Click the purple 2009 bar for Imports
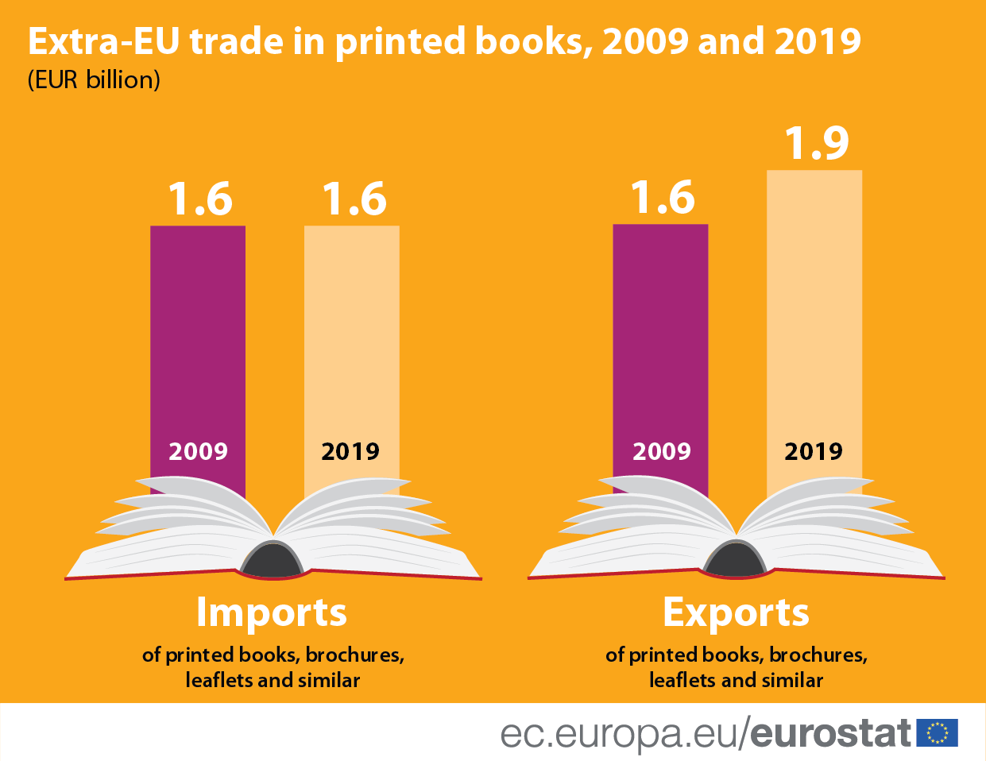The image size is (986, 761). pyautogui.click(x=198, y=334)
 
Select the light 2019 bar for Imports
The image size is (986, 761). pyautogui.click(x=351, y=334)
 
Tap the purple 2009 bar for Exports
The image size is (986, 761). pyautogui.click(x=660, y=334)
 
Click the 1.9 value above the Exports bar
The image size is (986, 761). pyautogui.click(x=817, y=143)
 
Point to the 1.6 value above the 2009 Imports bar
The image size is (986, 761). pyautogui.click(x=200, y=199)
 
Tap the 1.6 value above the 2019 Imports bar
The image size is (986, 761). pyautogui.click(x=354, y=199)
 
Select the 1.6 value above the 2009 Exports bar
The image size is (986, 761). pyautogui.click(x=663, y=198)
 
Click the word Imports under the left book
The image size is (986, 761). pyautogui.click(x=272, y=612)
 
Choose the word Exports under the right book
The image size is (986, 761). pyautogui.click(x=736, y=612)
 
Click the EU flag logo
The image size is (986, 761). pyautogui.click(x=937, y=732)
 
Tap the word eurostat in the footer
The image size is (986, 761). pyautogui.click(x=830, y=733)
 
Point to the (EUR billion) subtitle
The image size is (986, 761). pyautogui.click(x=94, y=80)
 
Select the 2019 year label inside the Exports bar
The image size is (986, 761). pyautogui.click(x=814, y=451)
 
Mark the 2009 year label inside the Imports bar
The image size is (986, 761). pyautogui.click(x=198, y=451)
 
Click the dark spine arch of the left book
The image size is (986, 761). pyautogui.click(x=273, y=561)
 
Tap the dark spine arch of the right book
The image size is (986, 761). pyautogui.click(x=736, y=561)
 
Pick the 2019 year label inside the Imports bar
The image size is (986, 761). pyautogui.click(x=350, y=451)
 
